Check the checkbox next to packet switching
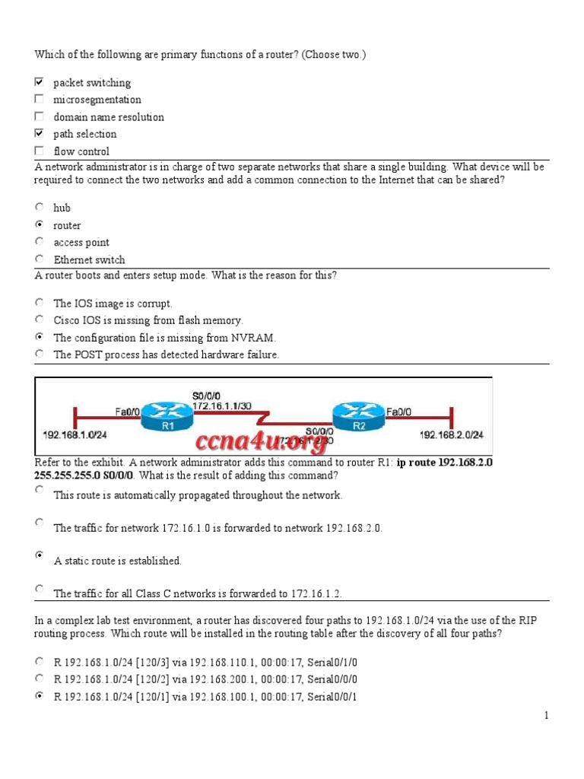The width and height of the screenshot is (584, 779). tap(40, 81)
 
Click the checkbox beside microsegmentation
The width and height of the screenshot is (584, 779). tap(40, 99)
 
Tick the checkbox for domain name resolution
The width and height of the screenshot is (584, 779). tap(40, 116)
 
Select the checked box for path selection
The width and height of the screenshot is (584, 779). tap(40, 133)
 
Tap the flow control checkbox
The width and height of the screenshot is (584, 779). tap(40, 151)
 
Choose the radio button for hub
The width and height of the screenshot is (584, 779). tap(40, 206)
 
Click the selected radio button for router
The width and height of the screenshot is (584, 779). tap(40, 224)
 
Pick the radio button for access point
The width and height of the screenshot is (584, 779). tap(40, 241)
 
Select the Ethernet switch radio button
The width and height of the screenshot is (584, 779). tap(40, 259)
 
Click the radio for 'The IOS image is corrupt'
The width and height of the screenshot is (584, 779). tap(40, 302)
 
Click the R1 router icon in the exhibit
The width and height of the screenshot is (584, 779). tap(168, 415)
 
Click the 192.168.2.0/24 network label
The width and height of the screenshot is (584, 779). tap(452, 435)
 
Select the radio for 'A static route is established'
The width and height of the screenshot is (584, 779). tap(40, 555)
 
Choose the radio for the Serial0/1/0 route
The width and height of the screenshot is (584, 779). tap(40, 662)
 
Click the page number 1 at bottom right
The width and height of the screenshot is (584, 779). tap(545, 715)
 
